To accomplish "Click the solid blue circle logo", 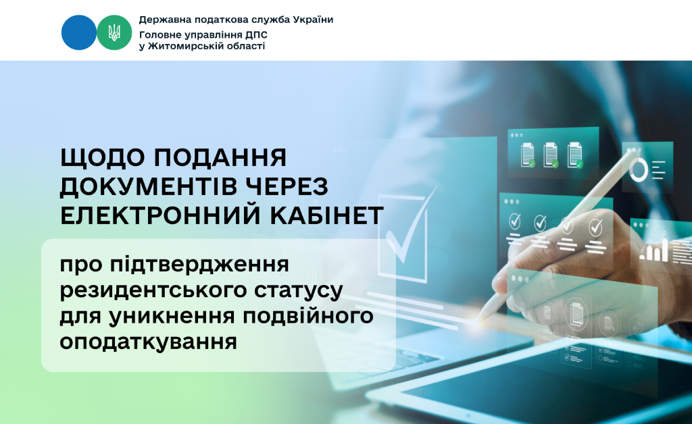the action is point(78,32).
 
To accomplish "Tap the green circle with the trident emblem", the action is point(114,32).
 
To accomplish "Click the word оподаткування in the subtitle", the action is point(148,342).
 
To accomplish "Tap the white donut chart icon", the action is point(638,170).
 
